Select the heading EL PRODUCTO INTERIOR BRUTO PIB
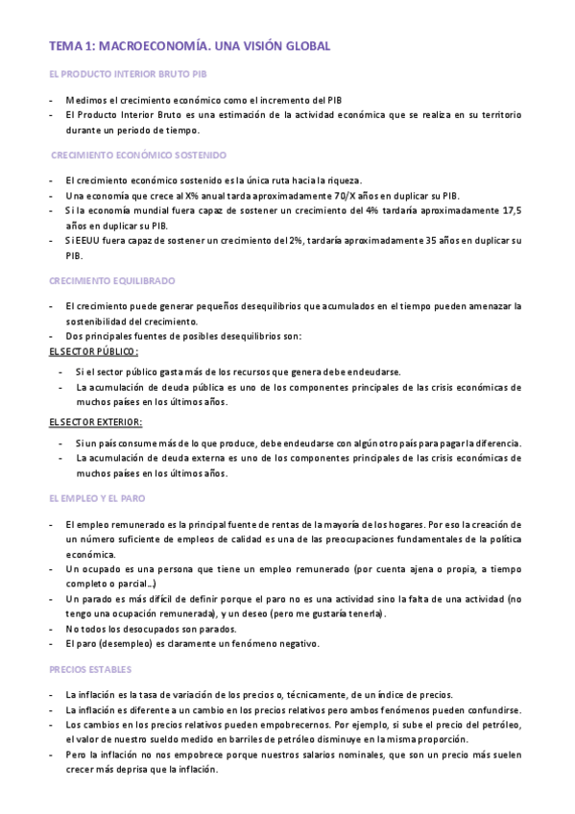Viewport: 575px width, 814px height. click(127, 74)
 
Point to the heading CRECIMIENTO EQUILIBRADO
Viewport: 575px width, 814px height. click(111, 281)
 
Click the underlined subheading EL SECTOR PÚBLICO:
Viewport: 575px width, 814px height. click(93, 351)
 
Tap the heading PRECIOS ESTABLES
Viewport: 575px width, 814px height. click(90, 668)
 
